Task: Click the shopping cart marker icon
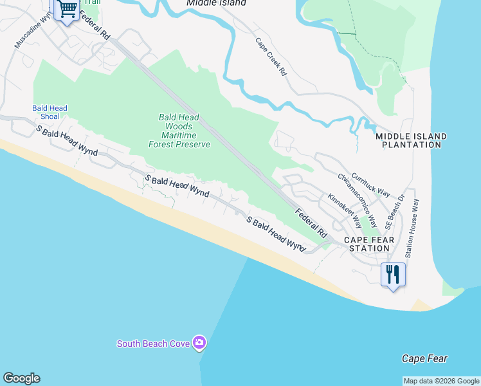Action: (67, 9)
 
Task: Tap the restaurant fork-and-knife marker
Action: (392, 275)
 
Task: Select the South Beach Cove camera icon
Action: (199, 343)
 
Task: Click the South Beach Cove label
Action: (153, 344)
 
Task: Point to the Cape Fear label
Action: (424, 358)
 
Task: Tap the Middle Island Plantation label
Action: (411, 141)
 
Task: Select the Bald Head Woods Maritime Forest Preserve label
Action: (179, 131)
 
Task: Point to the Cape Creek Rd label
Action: (271, 57)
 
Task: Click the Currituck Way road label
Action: (365, 184)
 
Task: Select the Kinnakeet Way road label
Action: (345, 211)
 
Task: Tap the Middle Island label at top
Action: (216, 3)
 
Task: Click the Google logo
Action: (21, 378)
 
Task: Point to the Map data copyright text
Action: (441, 381)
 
